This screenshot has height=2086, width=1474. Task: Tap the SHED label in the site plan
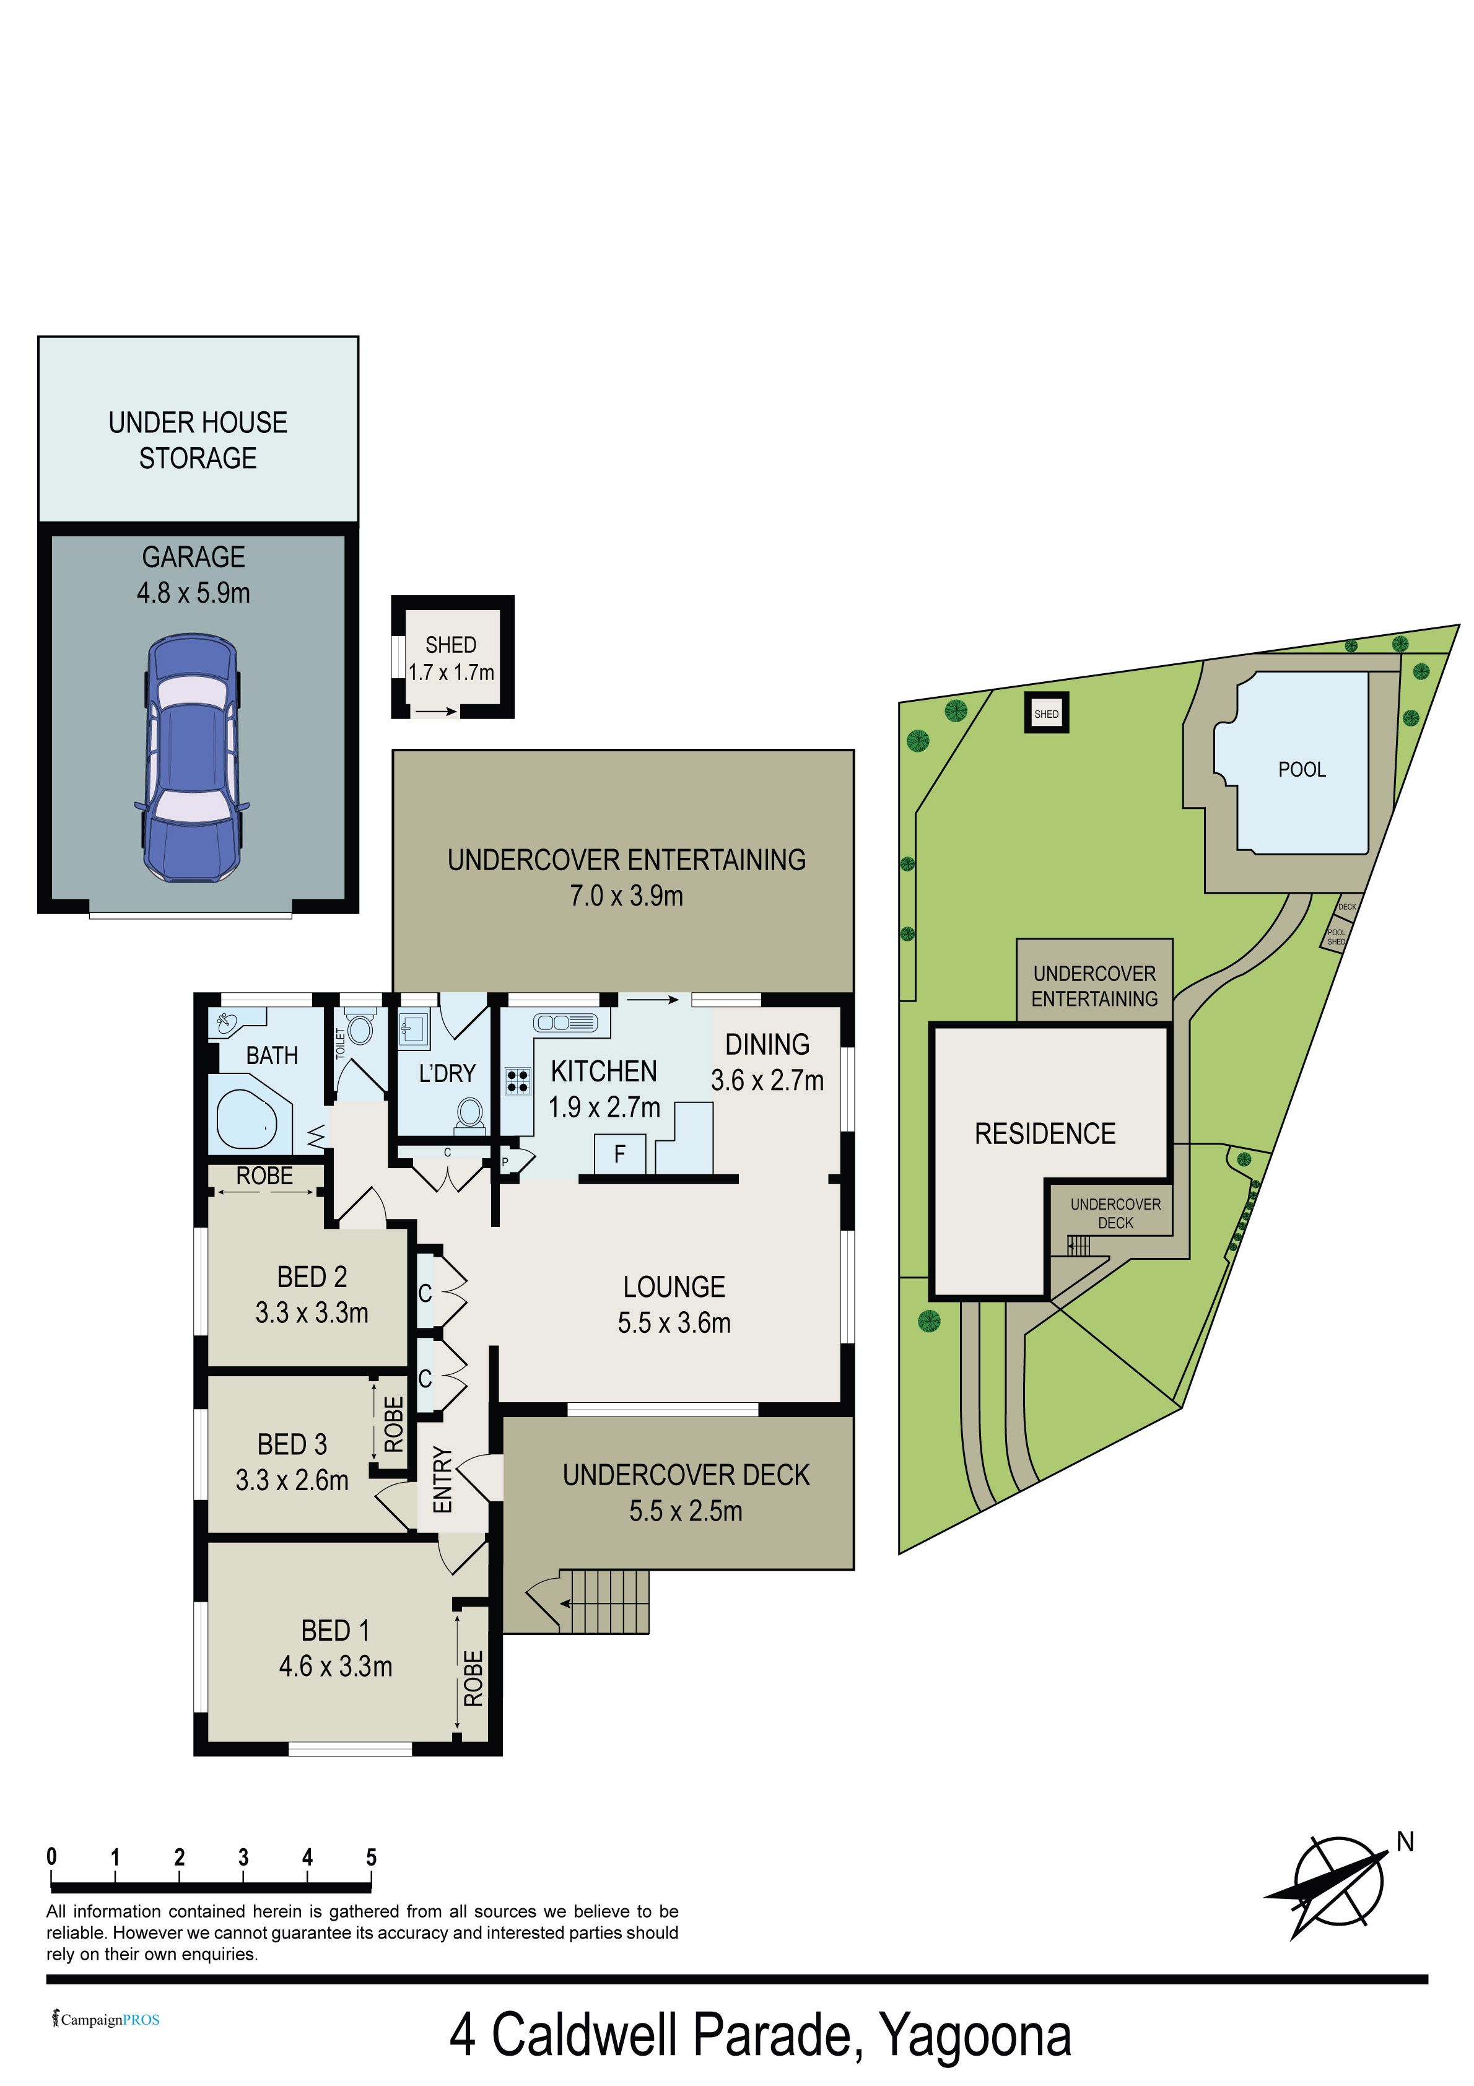coord(1046,714)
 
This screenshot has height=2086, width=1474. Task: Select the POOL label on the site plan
coord(1301,769)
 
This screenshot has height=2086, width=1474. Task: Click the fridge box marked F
coord(620,1154)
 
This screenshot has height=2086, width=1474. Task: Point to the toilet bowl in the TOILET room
coord(361,1029)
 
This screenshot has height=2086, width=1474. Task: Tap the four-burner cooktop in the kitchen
coord(518,1081)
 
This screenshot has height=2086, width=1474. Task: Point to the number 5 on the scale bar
coord(371,1857)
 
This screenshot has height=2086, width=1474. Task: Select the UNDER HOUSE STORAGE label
coord(198,440)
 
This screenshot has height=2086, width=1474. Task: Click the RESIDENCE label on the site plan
coord(1045,1134)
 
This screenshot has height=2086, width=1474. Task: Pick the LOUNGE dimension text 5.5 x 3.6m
coord(674,1323)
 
